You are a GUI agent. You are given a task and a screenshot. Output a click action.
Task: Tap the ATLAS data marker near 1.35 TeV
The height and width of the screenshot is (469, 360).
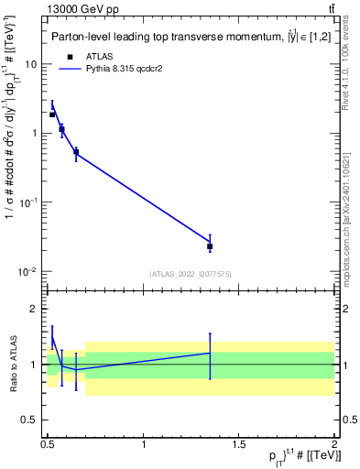[x=210, y=246]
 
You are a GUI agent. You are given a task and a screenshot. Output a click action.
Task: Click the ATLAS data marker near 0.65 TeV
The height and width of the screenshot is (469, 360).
[x=76, y=152]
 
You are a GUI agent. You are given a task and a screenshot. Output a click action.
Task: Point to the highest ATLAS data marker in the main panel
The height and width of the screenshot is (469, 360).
[x=52, y=115]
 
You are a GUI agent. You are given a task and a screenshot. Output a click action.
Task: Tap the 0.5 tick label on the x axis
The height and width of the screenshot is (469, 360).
[x=48, y=444]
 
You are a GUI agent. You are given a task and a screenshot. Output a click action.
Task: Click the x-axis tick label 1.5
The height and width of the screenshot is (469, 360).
[x=238, y=444]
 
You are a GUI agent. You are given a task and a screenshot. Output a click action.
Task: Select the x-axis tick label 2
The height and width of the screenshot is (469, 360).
[x=333, y=444]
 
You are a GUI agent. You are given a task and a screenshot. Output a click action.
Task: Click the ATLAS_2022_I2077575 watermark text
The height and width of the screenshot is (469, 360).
[x=190, y=273]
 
